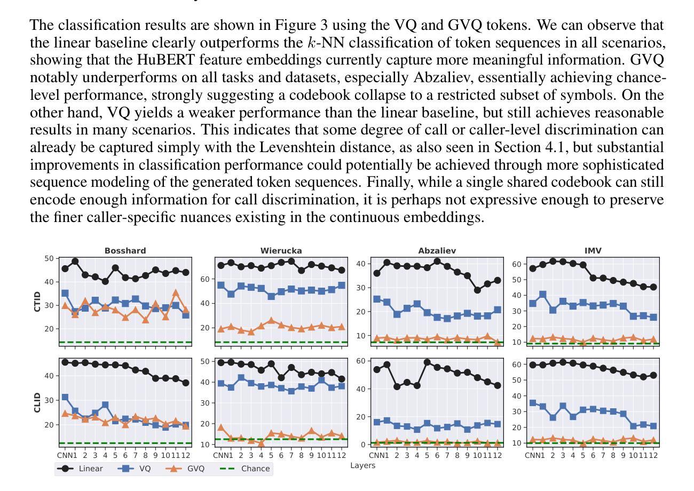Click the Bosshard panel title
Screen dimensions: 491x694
click(x=125, y=250)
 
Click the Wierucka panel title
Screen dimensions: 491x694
click(x=281, y=250)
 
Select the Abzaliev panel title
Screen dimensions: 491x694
click(x=437, y=250)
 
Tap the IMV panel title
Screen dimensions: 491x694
click(x=593, y=250)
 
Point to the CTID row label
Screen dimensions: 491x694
click(x=37, y=302)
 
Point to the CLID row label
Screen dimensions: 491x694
click(x=37, y=402)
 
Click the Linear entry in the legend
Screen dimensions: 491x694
click(x=80, y=469)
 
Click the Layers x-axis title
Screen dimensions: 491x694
click(x=363, y=465)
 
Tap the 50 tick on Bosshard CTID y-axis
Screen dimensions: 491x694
click(x=50, y=258)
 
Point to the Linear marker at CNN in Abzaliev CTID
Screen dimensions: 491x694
click(x=377, y=273)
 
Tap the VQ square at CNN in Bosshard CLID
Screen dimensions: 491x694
click(x=65, y=398)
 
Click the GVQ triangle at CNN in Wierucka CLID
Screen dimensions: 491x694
click(x=221, y=427)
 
